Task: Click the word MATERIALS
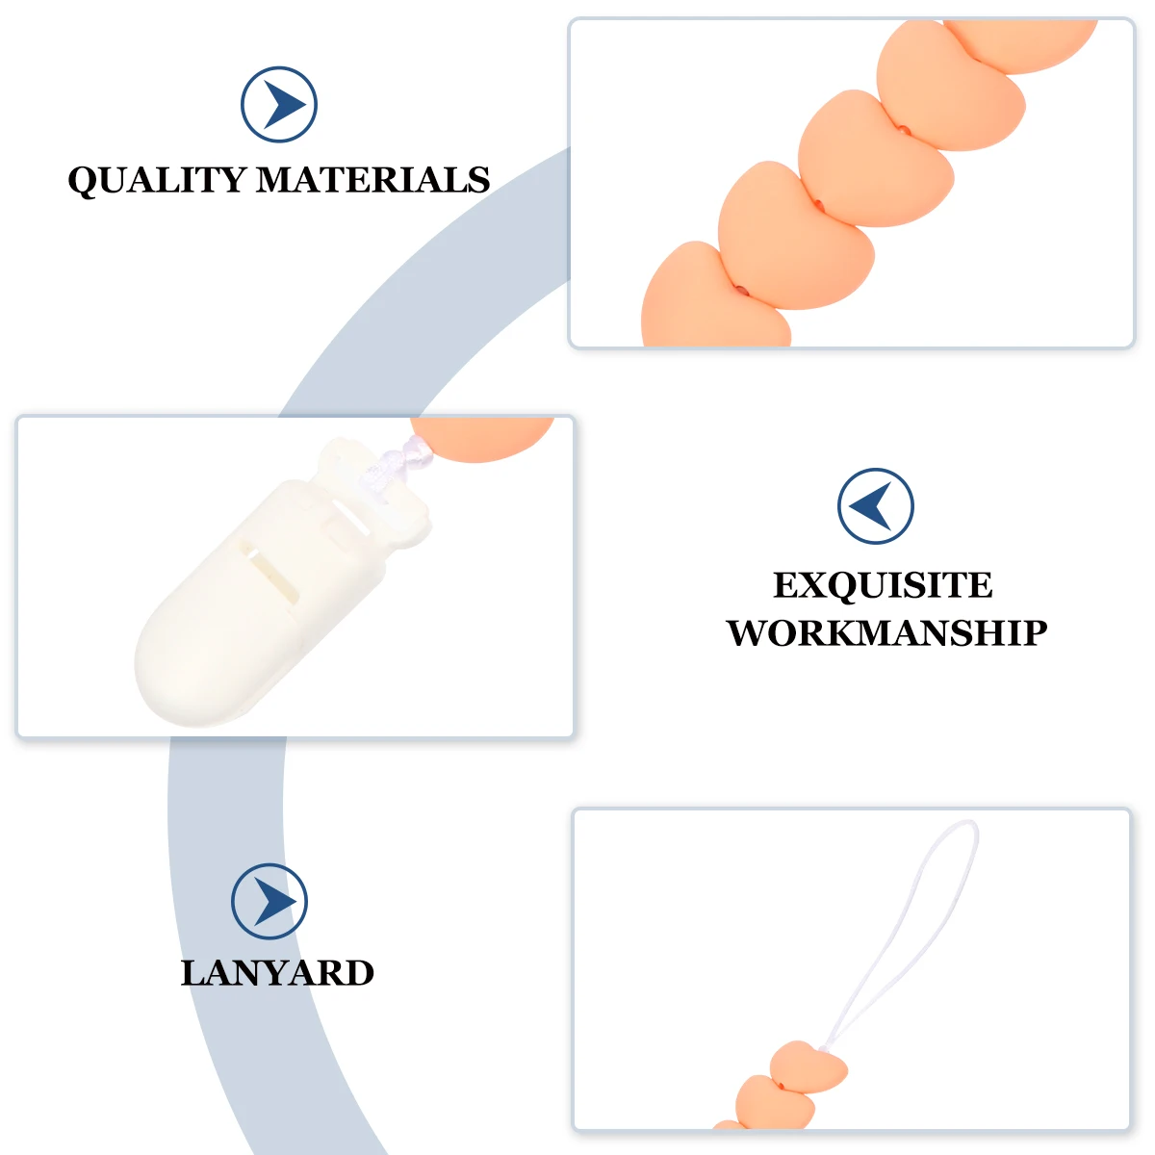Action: (373, 180)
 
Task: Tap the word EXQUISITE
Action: (883, 585)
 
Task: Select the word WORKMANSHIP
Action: (886, 632)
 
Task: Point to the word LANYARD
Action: (277, 973)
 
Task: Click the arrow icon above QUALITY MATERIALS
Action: (279, 105)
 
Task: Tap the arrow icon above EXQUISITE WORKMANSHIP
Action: (875, 506)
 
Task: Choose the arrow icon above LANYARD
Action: (269, 902)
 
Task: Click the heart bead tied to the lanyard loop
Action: (808, 1066)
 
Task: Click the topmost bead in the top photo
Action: (1020, 43)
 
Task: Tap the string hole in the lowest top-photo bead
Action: (740, 288)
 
